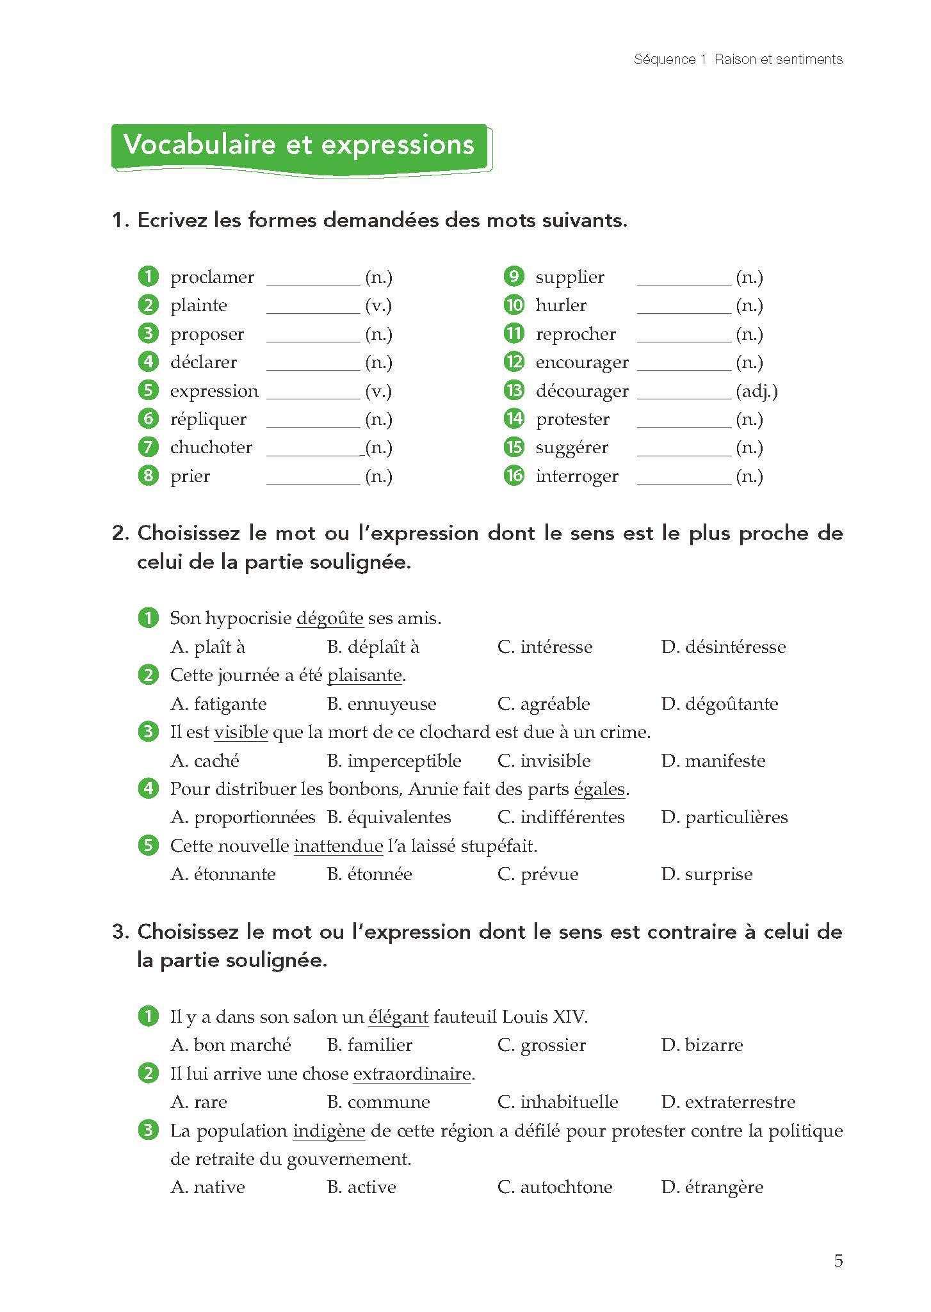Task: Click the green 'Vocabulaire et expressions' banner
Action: (300, 146)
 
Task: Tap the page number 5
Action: (838, 1260)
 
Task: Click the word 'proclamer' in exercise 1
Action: (212, 277)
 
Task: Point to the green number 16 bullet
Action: (514, 476)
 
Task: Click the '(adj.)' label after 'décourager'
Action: (757, 391)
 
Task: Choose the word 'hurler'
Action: (561, 305)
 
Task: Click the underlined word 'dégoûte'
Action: (330, 618)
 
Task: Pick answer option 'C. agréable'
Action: (544, 704)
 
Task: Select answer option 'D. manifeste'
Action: (713, 761)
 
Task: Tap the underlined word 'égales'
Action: (599, 789)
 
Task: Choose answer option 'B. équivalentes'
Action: (389, 817)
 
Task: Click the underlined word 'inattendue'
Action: (338, 846)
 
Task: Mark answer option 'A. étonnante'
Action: (223, 874)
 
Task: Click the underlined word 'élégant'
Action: (398, 1017)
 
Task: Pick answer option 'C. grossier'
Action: (541, 1045)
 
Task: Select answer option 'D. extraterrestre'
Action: (728, 1102)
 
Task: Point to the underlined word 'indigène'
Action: (329, 1131)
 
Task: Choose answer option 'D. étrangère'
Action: (712, 1187)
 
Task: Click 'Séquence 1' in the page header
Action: (669, 60)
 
